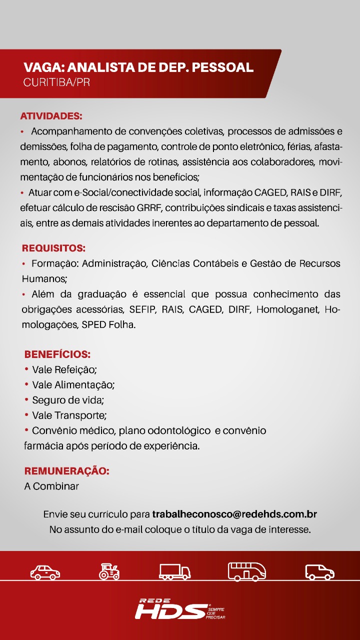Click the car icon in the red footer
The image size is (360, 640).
[x=45, y=571]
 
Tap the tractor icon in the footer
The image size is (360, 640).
[x=109, y=571]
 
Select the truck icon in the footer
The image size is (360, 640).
[x=175, y=571]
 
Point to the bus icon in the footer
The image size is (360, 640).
[x=246, y=571]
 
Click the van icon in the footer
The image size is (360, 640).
[x=319, y=571]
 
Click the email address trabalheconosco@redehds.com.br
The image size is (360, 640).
[x=234, y=514]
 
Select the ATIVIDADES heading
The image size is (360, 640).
[x=51, y=116]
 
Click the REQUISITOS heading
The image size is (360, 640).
[x=53, y=248]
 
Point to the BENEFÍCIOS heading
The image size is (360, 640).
[x=57, y=355]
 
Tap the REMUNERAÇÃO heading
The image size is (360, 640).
[x=66, y=471]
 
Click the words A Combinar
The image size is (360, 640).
[x=51, y=486]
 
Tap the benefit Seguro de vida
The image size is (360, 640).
[x=68, y=400]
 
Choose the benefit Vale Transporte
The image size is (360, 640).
[x=69, y=415]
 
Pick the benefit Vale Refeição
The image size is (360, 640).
[x=64, y=370]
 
